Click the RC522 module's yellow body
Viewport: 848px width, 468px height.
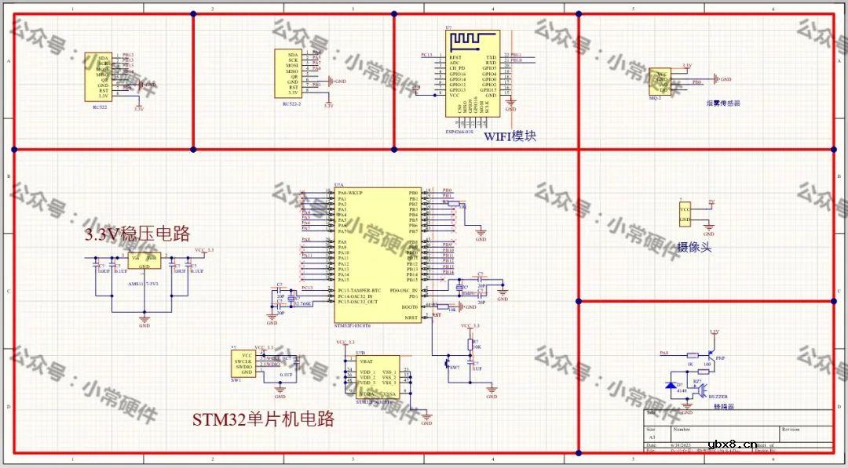[x=97, y=77]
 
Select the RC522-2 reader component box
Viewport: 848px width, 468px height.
[x=287, y=73]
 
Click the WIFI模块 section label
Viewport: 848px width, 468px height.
[x=510, y=136]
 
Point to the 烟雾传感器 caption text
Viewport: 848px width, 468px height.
[x=723, y=103]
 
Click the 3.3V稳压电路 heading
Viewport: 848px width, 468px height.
[x=137, y=234]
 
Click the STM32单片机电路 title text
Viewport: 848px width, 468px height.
[x=263, y=419]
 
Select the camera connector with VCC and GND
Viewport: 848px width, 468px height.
[x=685, y=214]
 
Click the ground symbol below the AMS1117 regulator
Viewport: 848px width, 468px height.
[x=144, y=318]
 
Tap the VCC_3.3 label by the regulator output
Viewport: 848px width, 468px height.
[x=203, y=249]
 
